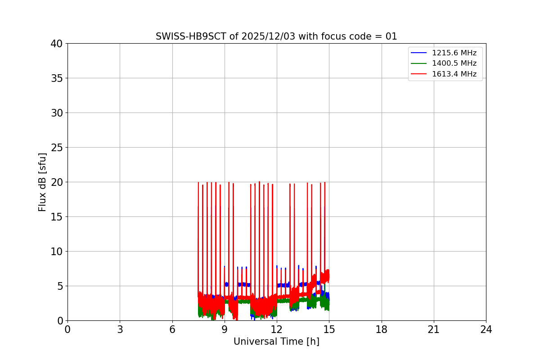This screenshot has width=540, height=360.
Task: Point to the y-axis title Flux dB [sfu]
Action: click(42, 182)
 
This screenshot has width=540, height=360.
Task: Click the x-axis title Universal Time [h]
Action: click(276, 342)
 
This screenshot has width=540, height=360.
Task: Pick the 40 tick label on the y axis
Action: click(57, 44)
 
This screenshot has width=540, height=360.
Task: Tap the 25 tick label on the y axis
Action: click(57, 148)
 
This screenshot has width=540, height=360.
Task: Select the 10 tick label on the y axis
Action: click(57, 252)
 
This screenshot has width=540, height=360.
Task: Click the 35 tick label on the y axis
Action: click(57, 78)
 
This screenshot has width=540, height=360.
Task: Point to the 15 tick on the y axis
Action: click(57, 217)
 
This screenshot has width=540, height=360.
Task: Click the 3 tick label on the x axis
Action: click(120, 329)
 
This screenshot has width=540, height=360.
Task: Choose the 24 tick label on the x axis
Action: click(486, 329)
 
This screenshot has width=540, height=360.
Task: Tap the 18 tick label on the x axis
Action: click(382, 329)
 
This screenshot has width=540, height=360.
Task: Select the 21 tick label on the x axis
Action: click(434, 329)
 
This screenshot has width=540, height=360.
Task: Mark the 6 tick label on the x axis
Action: click(172, 329)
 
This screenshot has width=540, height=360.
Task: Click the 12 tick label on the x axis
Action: click(277, 329)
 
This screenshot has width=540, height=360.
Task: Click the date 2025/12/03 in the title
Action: click(267, 36)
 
